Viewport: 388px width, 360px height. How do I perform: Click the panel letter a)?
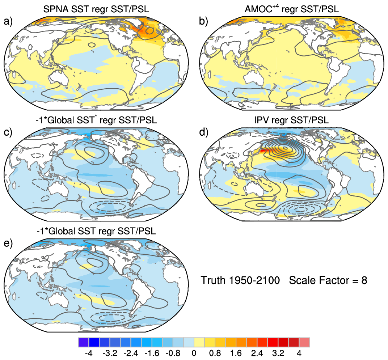(8, 21)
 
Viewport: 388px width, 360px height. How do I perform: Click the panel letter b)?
(204, 21)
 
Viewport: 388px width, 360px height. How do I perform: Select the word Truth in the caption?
(213, 280)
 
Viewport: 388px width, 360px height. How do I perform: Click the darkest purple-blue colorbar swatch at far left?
(83, 342)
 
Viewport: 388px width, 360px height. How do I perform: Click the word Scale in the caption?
(302, 280)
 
